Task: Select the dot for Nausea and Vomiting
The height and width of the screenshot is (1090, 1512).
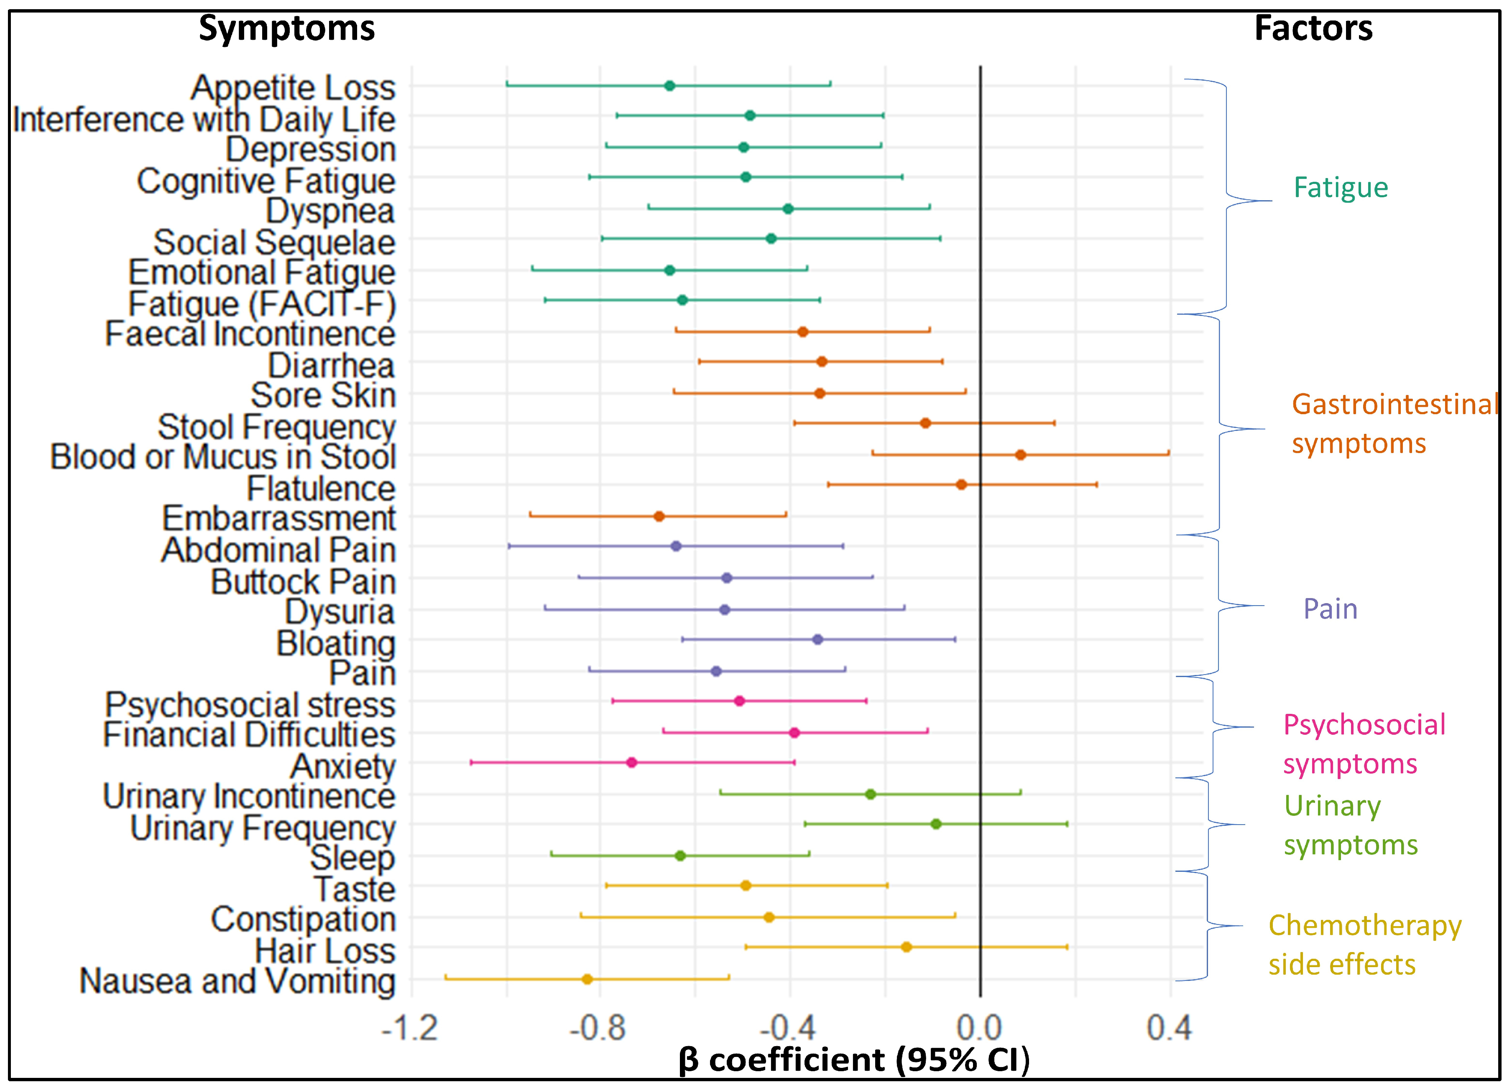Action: [587, 979]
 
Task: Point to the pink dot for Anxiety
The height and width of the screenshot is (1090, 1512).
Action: [631, 762]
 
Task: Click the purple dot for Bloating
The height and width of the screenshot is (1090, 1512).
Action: [818, 639]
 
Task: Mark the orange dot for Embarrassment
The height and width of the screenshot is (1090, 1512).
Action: [659, 516]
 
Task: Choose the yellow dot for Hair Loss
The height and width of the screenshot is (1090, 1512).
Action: [906, 947]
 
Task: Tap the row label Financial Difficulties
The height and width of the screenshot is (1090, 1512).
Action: [249, 735]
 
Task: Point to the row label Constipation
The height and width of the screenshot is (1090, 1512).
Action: [303, 919]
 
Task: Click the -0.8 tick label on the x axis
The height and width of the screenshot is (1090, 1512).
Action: [598, 1028]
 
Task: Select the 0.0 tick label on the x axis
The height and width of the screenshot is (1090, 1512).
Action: [979, 1028]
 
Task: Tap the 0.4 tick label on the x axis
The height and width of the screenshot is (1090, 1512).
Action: [1169, 1028]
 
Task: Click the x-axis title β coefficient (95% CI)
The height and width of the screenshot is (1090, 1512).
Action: [854, 1059]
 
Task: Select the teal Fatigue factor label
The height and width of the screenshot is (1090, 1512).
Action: [1341, 188]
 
